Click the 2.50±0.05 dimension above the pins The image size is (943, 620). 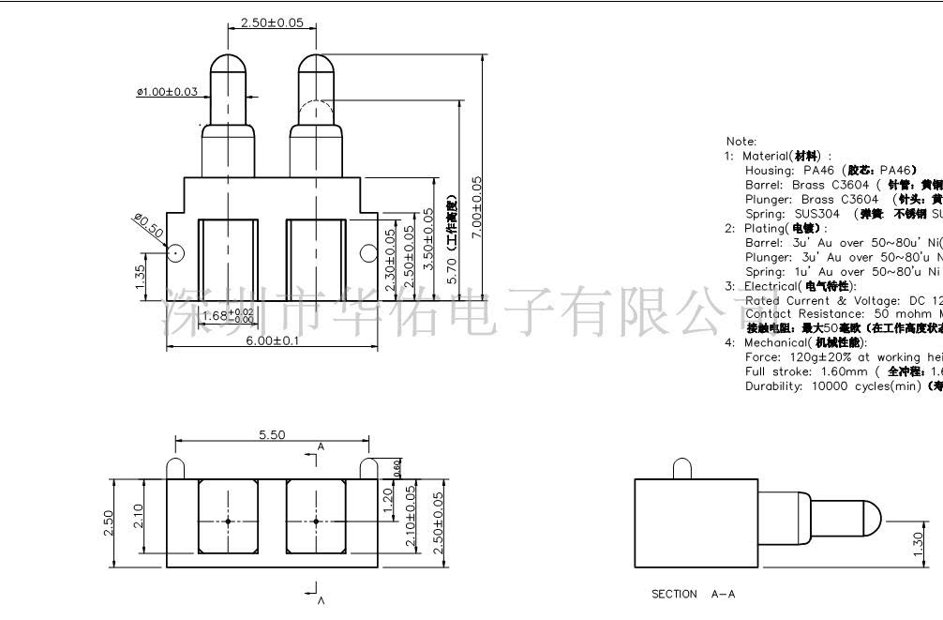(272, 23)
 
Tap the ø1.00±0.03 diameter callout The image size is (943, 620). (167, 92)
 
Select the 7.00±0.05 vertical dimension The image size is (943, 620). (477, 207)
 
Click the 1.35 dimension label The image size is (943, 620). (140, 278)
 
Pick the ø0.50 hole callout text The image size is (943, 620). (148, 225)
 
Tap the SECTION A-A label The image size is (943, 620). (694, 594)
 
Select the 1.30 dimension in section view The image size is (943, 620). (918, 543)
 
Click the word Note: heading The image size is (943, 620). (741, 142)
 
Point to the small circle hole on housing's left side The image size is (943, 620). (174, 252)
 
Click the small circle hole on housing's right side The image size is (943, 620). (368, 251)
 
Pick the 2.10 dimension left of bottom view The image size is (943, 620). (139, 514)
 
